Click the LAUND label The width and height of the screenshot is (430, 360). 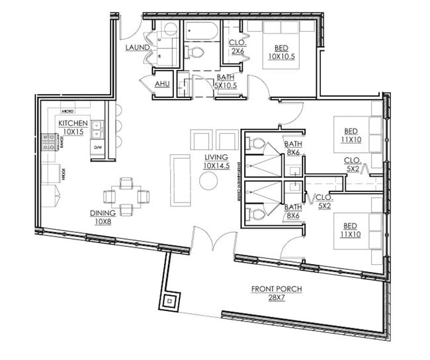point(137,48)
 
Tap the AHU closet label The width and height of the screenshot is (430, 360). point(162,84)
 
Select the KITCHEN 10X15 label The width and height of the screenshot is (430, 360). point(73,128)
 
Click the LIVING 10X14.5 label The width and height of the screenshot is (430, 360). point(216,161)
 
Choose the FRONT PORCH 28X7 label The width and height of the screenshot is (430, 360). point(273,293)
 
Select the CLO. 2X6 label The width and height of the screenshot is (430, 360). point(237,46)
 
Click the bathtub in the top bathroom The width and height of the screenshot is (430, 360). point(202,30)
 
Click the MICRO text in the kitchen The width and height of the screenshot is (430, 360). point(66,112)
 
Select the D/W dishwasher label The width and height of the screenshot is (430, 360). point(97,147)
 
